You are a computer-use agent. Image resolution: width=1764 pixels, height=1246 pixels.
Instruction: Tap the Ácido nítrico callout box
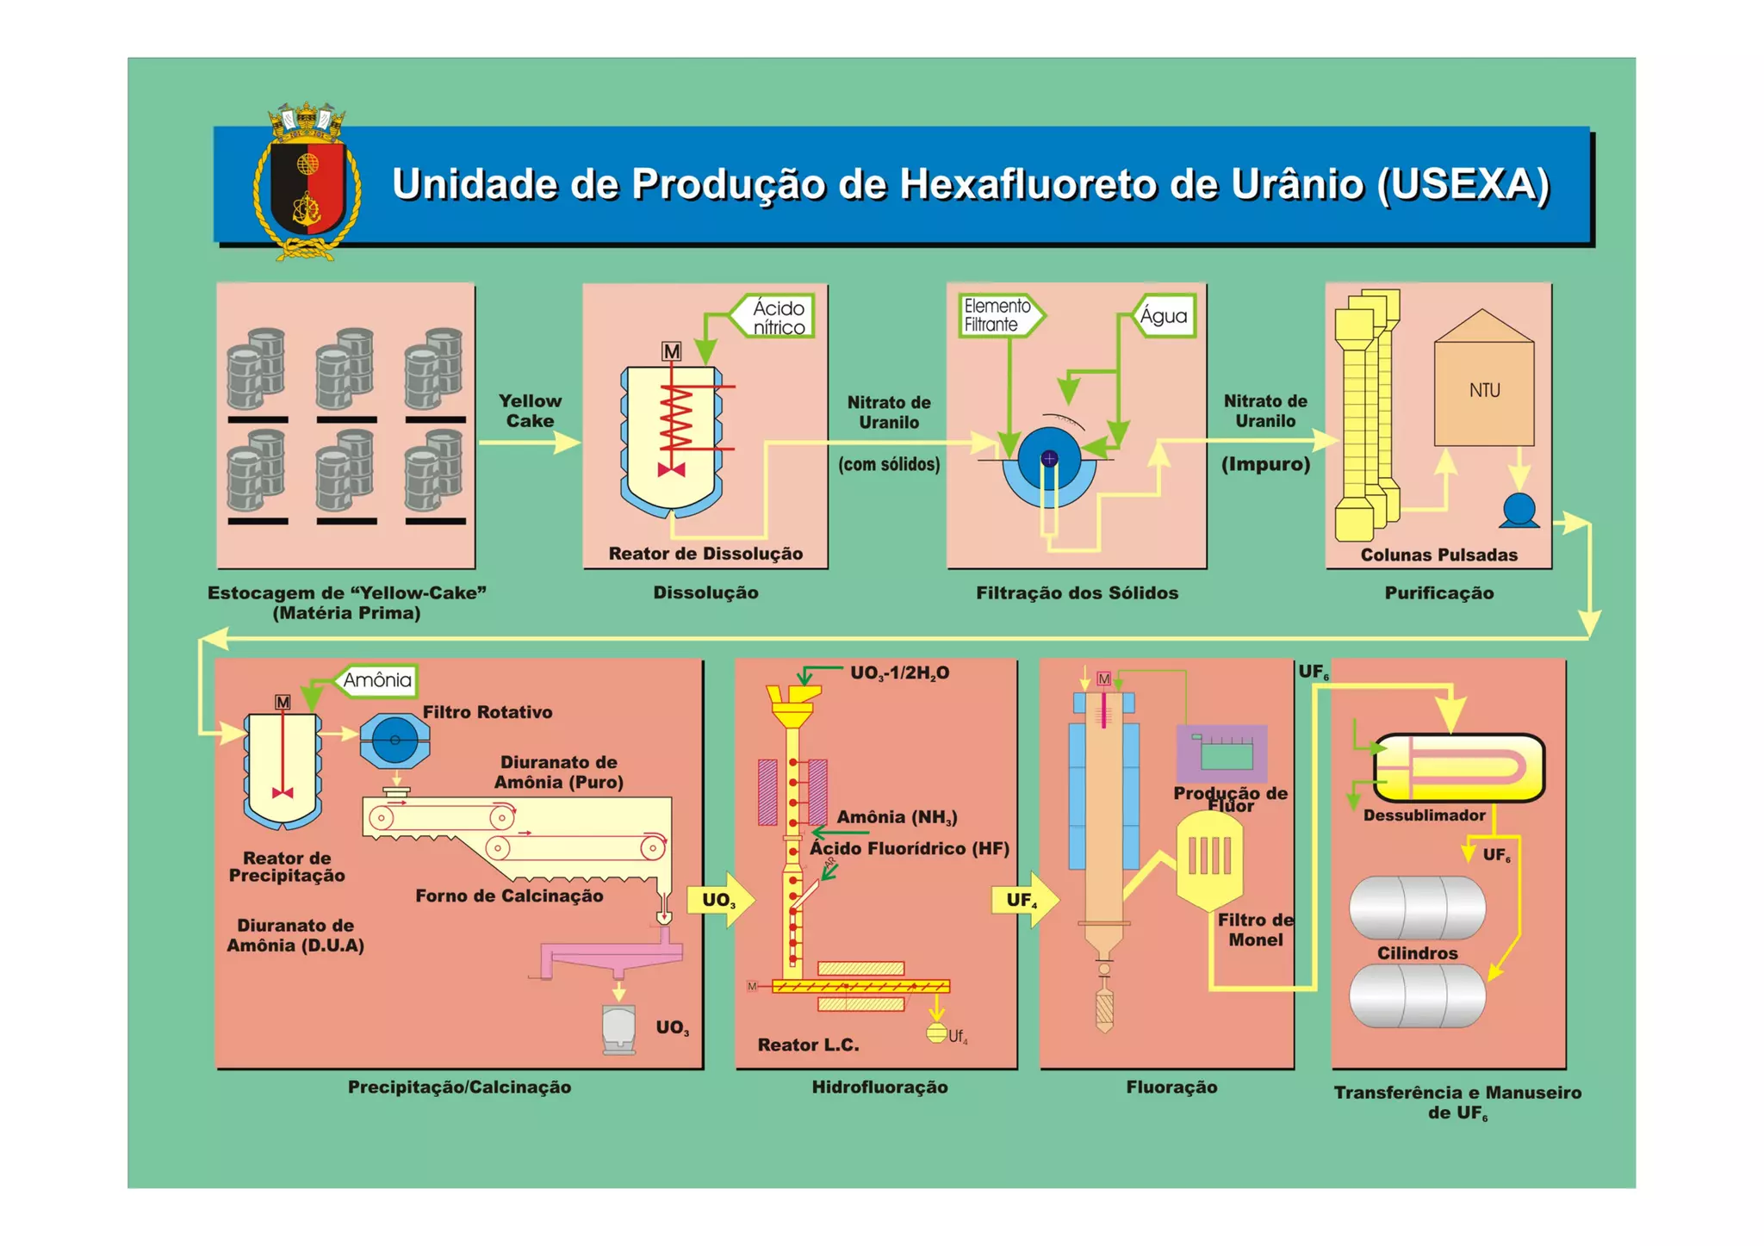point(774,317)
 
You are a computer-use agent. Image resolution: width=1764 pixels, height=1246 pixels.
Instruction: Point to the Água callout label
point(1164,316)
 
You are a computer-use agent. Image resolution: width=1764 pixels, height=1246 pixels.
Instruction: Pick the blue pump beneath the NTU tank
point(1519,510)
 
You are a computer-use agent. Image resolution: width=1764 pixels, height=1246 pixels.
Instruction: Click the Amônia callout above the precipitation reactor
point(376,680)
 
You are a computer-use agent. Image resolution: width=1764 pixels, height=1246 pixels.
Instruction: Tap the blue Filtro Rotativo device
point(394,740)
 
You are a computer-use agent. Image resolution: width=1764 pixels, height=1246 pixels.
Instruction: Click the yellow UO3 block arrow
point(720,901)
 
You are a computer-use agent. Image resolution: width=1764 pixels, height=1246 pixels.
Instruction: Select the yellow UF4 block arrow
point(1024,901)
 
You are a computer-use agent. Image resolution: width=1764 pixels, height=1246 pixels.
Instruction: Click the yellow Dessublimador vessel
point(1459,767)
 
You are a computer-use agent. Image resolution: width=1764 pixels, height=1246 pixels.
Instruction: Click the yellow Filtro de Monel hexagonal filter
point(1209,858)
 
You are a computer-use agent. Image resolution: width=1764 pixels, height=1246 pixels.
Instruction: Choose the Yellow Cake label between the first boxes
point(530,411)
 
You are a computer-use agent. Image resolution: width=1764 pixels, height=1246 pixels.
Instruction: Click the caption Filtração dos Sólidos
point(1077,592)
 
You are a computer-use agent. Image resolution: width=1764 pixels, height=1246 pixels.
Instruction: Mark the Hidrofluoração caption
point(879,1087)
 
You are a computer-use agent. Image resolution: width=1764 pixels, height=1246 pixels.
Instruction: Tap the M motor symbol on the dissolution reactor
point(671,351)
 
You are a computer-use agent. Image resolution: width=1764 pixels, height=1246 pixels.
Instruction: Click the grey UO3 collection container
point(618,1028)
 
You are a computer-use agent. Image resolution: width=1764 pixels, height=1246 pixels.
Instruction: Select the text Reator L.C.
point(808,1045)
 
